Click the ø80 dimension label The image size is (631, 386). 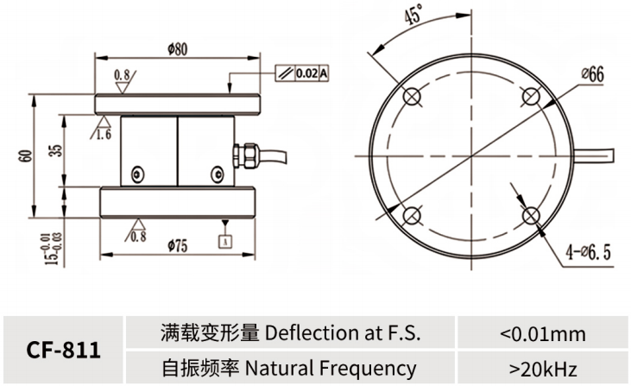coord(177,49)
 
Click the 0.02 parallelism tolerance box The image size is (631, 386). coord(306,73)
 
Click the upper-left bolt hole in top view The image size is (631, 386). coord(412,95)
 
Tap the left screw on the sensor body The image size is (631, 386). coord(136,176)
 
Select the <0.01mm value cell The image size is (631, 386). coord(542,333)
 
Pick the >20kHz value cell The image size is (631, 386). coord(542,369)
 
